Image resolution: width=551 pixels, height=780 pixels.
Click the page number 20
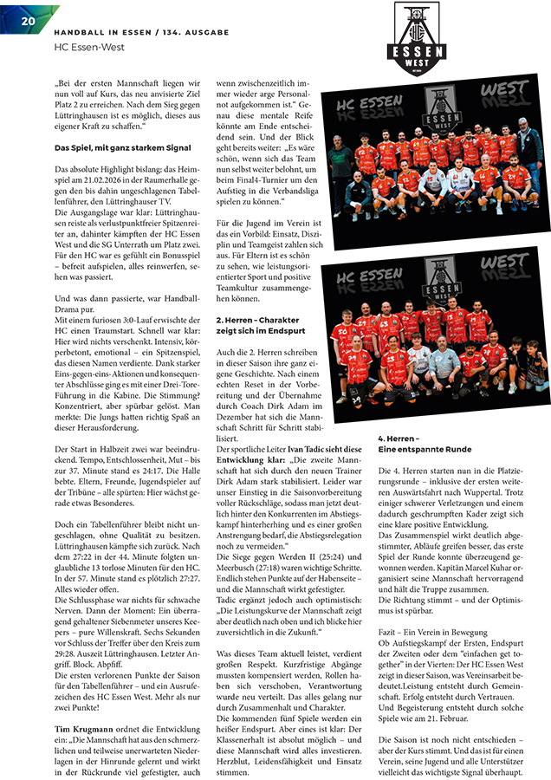click(x=27, y=18)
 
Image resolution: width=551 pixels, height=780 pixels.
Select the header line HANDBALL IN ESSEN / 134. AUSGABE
click(x=141, y=32)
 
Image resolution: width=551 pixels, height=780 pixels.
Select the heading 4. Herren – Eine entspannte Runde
click(x=425, y=444)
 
